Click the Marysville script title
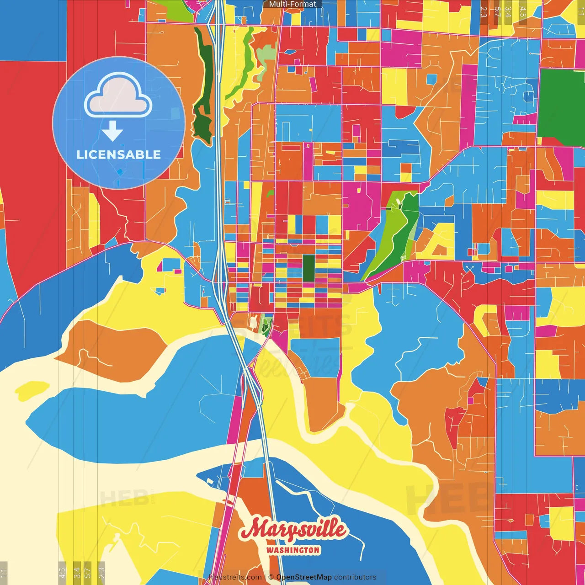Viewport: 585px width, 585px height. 293,529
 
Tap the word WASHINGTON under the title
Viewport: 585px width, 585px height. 293,550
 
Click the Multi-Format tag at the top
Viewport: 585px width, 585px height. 292,4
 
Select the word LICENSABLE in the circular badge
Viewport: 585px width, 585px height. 119,154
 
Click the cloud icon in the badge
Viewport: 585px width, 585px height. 118,96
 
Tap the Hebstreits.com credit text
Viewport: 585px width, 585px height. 235,577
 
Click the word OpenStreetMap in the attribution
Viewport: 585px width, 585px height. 304,577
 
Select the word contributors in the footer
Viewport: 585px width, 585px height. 355,577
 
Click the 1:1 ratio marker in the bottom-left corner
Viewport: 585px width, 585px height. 4,573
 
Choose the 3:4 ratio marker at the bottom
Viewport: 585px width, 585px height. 77,573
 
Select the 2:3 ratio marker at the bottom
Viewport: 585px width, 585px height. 101,573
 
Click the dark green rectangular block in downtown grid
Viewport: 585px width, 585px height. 308,268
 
